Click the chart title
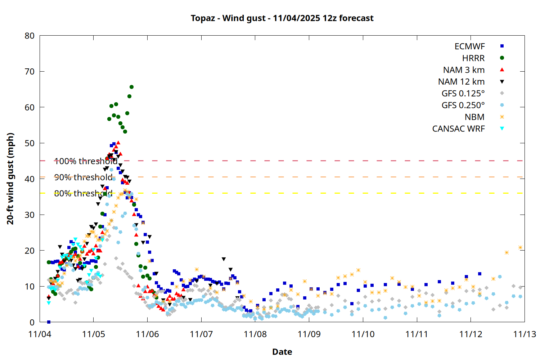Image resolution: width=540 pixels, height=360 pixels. pyautogui.click(x=282, y=18)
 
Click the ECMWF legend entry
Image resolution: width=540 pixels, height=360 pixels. pyautogui.click(x=469, y=46)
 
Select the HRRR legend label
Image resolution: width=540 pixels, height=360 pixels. pyautogui.click(x=473, y=58)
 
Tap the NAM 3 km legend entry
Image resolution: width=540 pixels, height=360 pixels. pyautogui.click(x=464, y=70)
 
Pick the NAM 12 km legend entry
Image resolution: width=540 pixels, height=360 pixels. pyautogui.click(x=461, y=82)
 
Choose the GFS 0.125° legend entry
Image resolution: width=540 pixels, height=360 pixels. pyautogui.click(x=463, y=94)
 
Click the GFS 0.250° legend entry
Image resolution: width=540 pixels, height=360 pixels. pyautogui.click(x=463, y=105)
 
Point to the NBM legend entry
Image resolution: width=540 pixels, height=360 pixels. pyautogui.click(x=474, y=117)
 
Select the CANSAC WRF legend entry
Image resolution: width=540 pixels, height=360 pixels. pyautogui.click(x=458, y=129)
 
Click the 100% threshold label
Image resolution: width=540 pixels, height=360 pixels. pyautogui.click(x=86, y=161)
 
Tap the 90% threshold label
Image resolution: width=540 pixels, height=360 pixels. pyautogui.click(x=83, y=177)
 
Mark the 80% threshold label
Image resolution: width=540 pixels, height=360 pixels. pyautogui.click(x=83, y=193)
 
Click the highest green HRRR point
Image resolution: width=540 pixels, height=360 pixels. pyautogui.click(x=131, y=87)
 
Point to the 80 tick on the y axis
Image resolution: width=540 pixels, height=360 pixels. pyautogui.click(x=30, y=36)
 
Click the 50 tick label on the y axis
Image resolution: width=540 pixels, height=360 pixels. pyautogui.click(x=30, y=143)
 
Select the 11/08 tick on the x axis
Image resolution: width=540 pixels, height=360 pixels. pyautogui.click(x=255, y=334)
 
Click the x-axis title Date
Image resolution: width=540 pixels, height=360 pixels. pyautogui.click(x=282, y=352)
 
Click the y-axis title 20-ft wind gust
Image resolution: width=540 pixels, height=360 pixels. pyautogui.click(x=10, y=179)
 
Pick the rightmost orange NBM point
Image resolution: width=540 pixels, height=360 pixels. pyautogui.click(x=520, y=247)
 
